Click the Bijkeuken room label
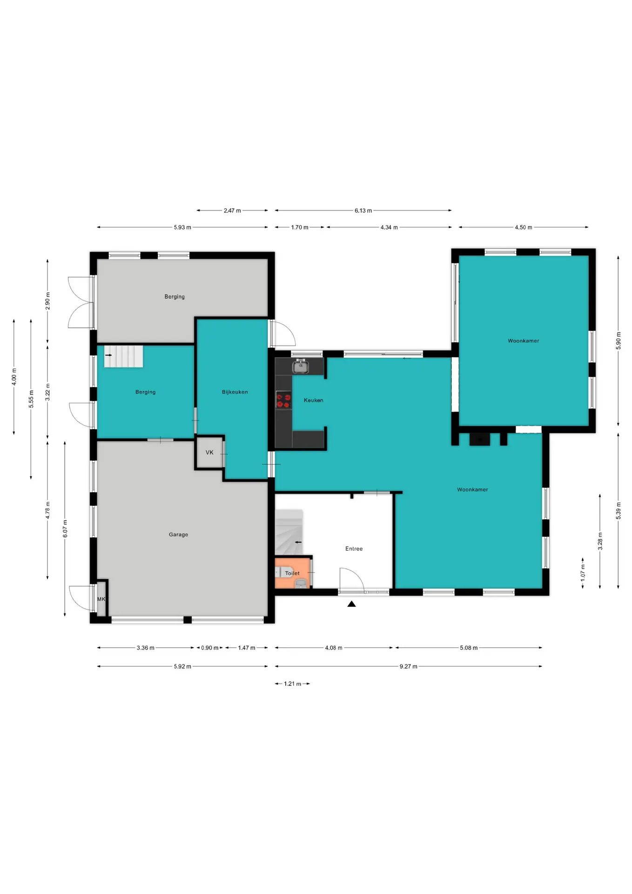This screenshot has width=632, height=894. pos(235,392)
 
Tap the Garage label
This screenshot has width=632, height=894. pos(178,535)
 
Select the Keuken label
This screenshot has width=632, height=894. pos(313,400)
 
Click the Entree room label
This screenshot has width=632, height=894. pos(354,549)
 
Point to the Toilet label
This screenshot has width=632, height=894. pos(292,573)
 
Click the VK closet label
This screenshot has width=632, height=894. pos(209,452)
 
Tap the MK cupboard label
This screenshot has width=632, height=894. pos(101,599)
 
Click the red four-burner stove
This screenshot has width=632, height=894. pos(283,401)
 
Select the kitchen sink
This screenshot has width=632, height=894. pos(301,366)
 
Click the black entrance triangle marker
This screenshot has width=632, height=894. pos(351,604)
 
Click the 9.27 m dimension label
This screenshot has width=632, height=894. pos(408,666)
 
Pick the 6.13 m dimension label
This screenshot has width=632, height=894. pos(363,210)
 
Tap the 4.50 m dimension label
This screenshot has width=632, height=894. pos(523,227)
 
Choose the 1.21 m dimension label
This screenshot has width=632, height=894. pos(292,684)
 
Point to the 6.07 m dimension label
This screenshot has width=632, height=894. pos(65,528)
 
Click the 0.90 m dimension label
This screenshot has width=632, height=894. pos(209,648)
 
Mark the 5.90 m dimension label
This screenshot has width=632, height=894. pos(619,340)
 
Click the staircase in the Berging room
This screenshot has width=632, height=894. pos(123,356)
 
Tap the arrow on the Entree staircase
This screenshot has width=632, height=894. pos(298,542)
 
